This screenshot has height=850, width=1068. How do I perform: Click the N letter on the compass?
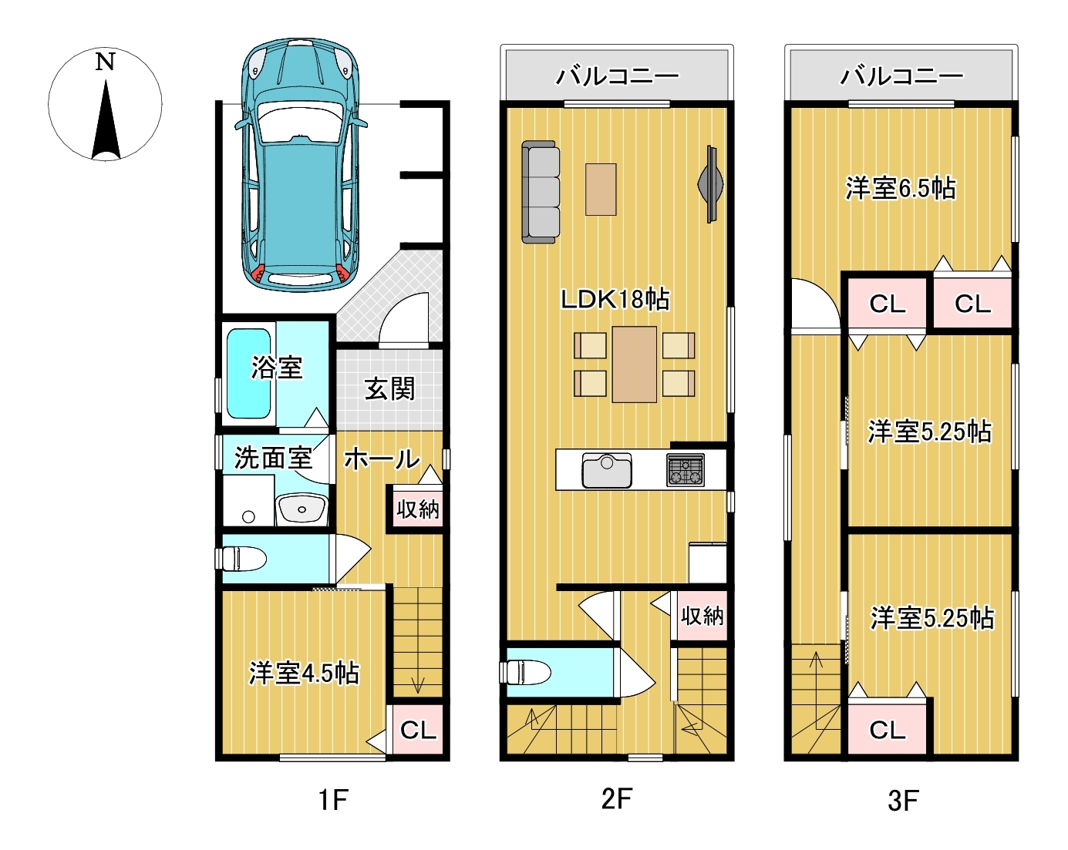[105, 62]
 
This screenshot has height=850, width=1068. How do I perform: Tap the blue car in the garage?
[301, 165]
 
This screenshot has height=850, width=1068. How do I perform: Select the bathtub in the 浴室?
[248, 374]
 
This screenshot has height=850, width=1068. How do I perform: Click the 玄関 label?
[389, 389]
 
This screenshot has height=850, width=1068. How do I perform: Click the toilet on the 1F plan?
[241, 559]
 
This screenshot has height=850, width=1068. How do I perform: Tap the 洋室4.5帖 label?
[303, 674]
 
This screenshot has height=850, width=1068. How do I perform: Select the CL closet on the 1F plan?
[418, 730]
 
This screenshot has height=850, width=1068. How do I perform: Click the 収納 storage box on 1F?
[418, 509]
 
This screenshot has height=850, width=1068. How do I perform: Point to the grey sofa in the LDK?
[541, 192]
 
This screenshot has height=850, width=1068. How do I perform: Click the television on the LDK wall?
[711, 184]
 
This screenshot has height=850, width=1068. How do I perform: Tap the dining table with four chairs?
[635, 365]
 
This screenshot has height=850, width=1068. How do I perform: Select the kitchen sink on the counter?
[607, 470]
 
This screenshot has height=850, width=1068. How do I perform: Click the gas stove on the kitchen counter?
[686, 469]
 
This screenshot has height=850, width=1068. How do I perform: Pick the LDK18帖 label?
[615, 299]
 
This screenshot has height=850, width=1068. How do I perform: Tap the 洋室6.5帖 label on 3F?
[900, 189]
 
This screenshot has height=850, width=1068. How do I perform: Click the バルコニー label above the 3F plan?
[901, 76]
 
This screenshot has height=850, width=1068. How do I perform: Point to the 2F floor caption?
[616, 799]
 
